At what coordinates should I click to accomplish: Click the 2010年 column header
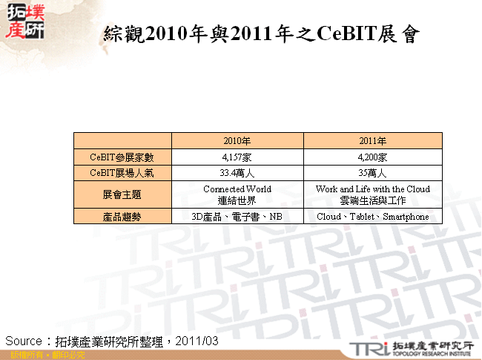point(237,140)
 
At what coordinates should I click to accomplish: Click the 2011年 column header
point(372,140)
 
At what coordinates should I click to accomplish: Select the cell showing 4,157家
point(237,157)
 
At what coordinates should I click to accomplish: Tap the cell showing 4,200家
point(372,157)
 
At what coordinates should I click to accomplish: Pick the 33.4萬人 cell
point(237,173)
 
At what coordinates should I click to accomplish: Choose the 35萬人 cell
point(372,173)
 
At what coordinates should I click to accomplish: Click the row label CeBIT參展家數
point(122,157)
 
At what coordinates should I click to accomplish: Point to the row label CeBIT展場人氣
point(122,173)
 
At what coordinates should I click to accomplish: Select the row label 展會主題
point(122,194)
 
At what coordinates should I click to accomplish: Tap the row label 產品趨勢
point(122,217)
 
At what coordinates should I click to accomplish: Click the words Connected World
point(237,189)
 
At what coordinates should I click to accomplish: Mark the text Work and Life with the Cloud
point(372,189)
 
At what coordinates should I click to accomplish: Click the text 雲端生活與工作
point(372,200)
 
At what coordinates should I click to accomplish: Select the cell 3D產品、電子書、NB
point(237,217)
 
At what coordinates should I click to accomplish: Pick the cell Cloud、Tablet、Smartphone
point(372,217)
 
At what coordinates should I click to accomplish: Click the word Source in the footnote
point(24,340)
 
